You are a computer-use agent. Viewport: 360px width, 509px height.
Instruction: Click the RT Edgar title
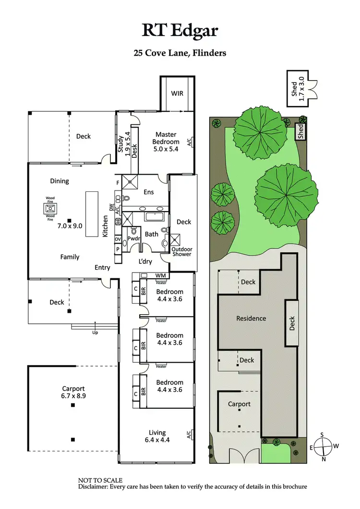point(180,30)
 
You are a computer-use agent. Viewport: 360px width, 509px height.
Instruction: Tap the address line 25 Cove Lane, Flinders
point(180,53)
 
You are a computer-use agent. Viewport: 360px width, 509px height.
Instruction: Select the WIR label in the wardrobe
point(177,93)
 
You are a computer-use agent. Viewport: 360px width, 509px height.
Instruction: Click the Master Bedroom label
point(166,138)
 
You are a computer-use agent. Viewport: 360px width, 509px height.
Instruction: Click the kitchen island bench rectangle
point(92,213)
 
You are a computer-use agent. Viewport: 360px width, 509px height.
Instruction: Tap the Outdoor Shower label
point(181,251)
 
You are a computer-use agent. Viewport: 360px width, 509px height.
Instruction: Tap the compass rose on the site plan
point(324,446)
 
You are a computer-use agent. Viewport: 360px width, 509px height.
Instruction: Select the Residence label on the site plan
point(251,318)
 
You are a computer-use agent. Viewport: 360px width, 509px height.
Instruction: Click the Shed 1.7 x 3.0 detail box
point(298,86)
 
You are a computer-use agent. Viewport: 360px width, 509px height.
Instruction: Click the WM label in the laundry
point(160,276)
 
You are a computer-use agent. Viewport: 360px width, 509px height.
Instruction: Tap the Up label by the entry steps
point(95,331)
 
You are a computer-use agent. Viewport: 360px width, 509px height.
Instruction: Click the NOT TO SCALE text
point(100,480)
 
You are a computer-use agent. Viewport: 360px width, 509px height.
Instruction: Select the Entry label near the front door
point(102,267)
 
